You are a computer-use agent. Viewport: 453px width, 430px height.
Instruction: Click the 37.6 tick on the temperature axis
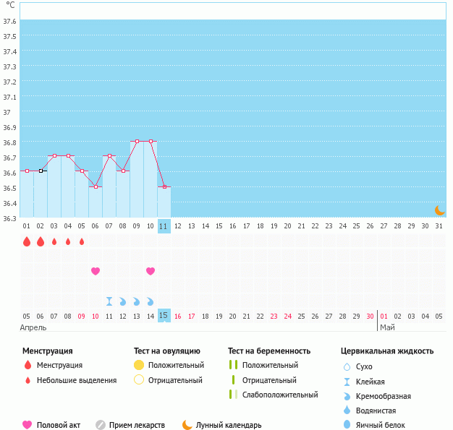10,21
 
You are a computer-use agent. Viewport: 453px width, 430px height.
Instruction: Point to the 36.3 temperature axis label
10,218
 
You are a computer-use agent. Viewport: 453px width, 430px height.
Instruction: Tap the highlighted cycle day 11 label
164,226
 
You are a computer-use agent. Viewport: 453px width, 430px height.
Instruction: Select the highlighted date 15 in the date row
164,315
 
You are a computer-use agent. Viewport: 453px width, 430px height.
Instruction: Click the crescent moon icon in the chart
439,210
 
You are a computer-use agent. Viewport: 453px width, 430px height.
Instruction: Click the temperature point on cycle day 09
137,142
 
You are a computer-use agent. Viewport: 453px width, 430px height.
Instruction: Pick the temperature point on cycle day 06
96,186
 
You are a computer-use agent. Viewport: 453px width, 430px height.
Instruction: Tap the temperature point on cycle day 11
164,186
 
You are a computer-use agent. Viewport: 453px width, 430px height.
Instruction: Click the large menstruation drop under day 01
27,241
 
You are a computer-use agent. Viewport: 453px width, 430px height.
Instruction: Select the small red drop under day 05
82,241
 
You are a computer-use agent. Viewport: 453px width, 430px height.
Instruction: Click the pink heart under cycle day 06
96,271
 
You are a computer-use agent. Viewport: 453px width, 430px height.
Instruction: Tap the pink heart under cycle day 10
151,271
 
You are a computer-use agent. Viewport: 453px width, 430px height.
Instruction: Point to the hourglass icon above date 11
109,301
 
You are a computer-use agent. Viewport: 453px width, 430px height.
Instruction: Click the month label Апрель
33,327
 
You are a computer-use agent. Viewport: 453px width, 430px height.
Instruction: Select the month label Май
387,327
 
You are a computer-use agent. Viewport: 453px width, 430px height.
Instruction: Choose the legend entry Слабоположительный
280,395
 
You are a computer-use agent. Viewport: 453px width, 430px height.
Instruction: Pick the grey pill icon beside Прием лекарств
101,425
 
